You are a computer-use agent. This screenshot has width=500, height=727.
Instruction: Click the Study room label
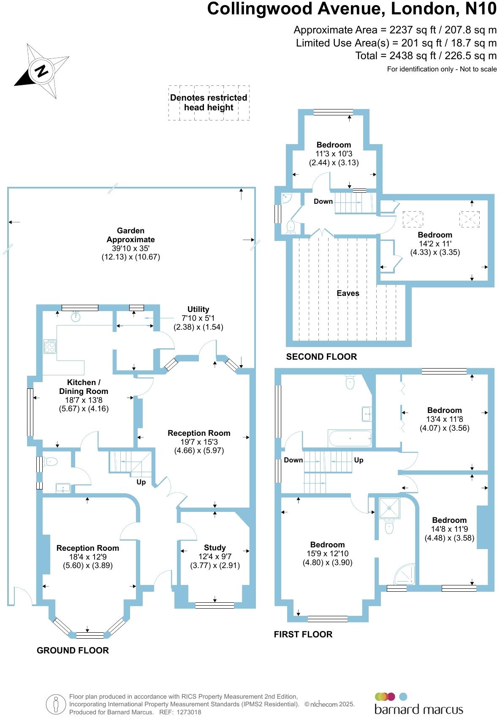pyautogui.click(x=215, y=547)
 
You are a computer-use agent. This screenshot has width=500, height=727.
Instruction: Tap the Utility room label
pyautogui.click(x=198, y=309)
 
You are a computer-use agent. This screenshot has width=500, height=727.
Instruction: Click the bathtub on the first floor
pyautogui.click(x=350, y=439)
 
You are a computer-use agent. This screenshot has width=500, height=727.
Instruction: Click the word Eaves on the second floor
pyautogui.click(x=348, y=293)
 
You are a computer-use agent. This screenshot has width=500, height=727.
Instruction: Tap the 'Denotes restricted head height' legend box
pyautogui.click(x=209, y=103)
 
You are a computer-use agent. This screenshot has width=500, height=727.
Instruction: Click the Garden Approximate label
pyautogui.click(x=130, y=235)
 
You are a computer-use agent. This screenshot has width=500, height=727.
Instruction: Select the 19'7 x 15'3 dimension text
pyautogui.click(x=199, y=442)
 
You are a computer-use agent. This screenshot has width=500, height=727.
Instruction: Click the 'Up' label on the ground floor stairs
pyautogui.click(x=141, y=482)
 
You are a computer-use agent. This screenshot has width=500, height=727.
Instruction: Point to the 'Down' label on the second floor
pyautogui.click(x=323, y=201)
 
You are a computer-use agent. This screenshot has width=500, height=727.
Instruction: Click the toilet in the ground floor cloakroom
pyautogui.click(x=50, y=462)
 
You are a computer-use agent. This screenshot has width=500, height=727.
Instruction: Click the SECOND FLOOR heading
pyautogui.click(x=321, y=356)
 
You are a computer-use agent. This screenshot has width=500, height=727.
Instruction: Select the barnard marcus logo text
pyautogui.click(x=418, y=709)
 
